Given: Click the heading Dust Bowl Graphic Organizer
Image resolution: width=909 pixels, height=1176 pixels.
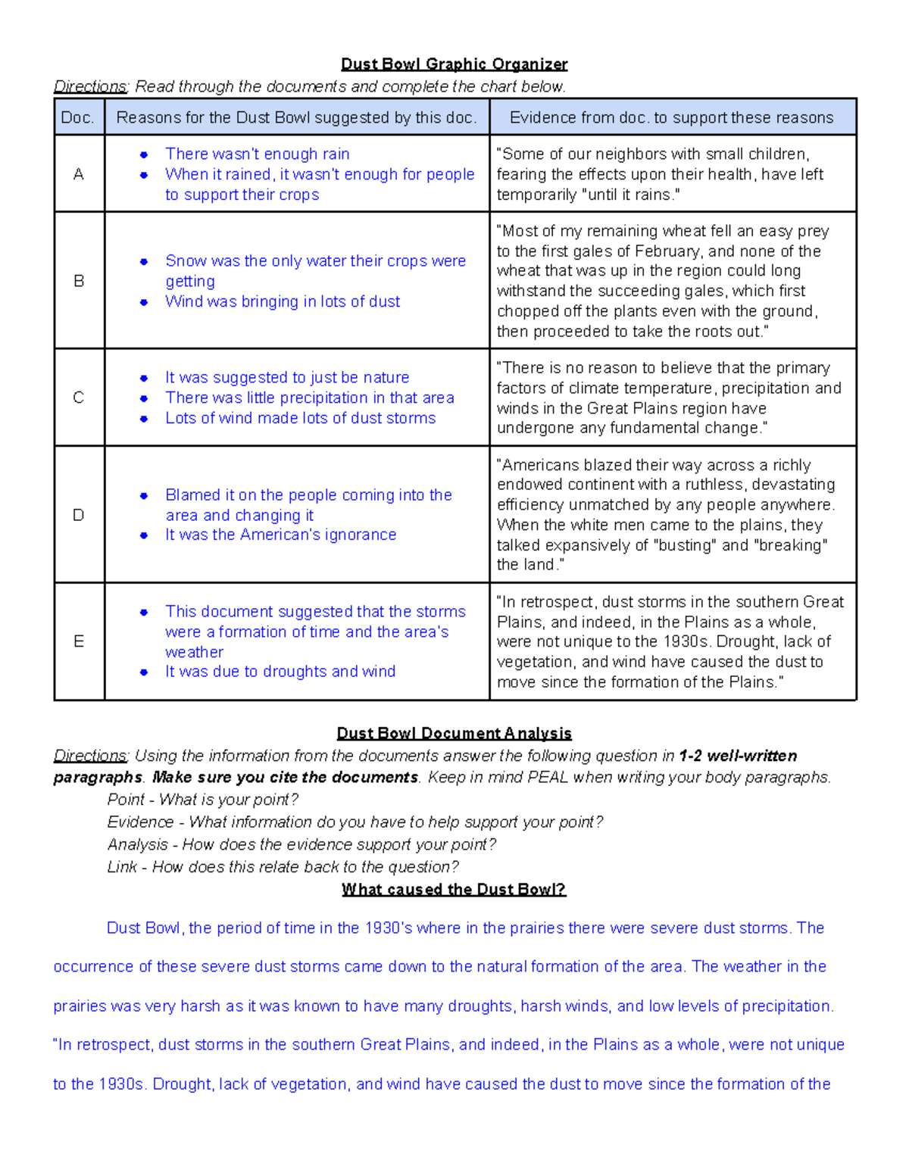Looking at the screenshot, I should (454, 64).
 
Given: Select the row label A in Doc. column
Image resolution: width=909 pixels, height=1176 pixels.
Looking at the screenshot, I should (78, 174).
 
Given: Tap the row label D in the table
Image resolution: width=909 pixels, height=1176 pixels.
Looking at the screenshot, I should (78, 515).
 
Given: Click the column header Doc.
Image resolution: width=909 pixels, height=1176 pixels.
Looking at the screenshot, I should (77, 117).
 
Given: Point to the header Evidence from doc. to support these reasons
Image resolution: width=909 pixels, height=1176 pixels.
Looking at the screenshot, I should (671, 117).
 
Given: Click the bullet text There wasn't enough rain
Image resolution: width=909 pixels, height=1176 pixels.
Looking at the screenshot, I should (257, 154).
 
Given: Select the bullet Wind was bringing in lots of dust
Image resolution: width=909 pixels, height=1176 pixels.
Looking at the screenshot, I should (283, 301).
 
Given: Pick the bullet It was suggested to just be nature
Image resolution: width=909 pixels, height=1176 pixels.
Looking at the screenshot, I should (287, 377).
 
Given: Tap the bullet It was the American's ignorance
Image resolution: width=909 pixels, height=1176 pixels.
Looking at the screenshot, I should (280, 535).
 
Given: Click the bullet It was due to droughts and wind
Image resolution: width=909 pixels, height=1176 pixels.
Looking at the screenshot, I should (280, 671).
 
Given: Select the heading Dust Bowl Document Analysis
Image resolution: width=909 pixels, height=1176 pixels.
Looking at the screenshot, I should (454, 733).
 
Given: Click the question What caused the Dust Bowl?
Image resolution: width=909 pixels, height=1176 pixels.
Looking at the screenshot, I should (454, 889).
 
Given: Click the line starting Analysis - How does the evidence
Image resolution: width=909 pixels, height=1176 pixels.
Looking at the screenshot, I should (301, 844).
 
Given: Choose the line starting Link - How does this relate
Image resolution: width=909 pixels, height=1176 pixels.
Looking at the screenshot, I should (283, 867).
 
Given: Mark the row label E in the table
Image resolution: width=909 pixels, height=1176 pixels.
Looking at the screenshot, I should (78, 641).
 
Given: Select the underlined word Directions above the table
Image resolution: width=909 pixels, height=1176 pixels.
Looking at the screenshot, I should (90, 86).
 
